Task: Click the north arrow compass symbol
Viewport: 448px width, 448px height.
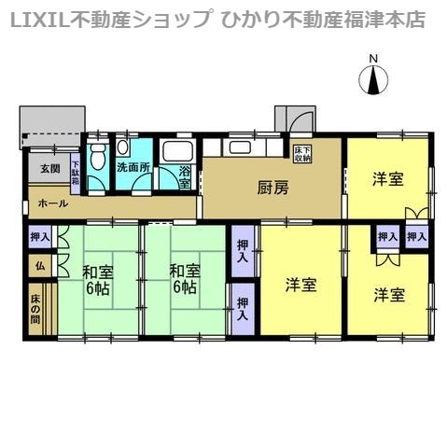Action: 373,79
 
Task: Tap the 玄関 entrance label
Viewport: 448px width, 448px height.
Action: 50,169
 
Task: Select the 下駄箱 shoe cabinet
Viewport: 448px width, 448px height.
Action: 76,174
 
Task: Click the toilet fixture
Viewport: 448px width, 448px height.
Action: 97,157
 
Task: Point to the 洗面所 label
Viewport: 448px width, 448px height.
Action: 133,168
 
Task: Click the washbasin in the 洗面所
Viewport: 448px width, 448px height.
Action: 122,147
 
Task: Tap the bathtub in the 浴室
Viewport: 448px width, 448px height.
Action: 178,151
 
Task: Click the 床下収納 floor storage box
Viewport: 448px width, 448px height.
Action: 302,155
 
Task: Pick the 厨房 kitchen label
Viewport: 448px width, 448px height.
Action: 273,189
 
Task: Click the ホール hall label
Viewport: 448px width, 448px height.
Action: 53,203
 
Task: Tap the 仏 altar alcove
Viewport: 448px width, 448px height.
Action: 40,266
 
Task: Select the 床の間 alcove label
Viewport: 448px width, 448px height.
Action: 35,309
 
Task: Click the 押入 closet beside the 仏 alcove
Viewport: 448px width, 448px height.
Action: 40,237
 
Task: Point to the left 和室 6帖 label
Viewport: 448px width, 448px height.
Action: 98,280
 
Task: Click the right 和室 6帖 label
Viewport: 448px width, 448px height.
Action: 185,280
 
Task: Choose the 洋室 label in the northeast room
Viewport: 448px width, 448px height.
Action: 388,179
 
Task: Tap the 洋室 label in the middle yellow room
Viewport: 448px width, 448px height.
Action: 301,285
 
